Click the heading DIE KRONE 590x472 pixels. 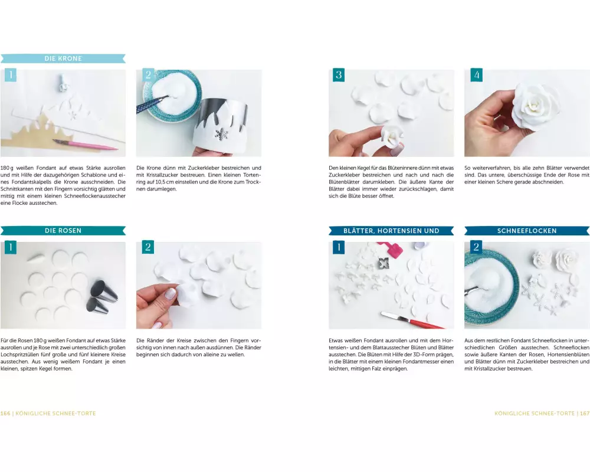click(63, 58)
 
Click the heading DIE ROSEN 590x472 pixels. click(63, 231)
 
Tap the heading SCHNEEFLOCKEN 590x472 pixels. click(527, 231)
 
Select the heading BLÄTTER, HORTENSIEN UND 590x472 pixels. click(391, 231)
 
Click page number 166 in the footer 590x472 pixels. click(5, 413)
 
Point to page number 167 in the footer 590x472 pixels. click(585, 413)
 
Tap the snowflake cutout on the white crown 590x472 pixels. click(221, 134)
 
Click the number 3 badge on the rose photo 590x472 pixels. click(339, 75)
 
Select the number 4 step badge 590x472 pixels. click(476, 75)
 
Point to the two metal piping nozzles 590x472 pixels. click(101, 296)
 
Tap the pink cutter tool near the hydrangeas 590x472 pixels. click(394, 248)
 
